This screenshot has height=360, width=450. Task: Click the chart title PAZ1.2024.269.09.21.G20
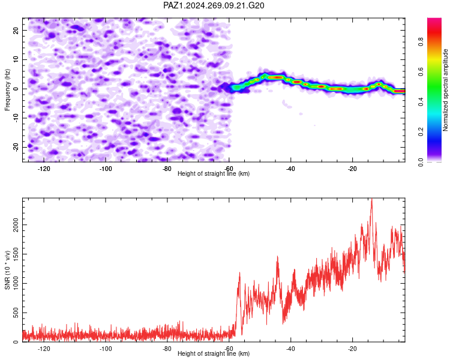(x=214, y=5)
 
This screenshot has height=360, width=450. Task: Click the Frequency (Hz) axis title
(x=7, y=90)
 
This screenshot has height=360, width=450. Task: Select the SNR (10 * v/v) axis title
(x=7, y=270)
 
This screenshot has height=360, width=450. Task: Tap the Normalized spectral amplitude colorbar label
(x=445, y=90)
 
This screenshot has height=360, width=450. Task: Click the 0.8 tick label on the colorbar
(x=421, y=41)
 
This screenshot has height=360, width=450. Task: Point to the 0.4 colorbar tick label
(x=421, y=101)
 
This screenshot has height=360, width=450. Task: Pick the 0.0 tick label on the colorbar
(x=421, y=162)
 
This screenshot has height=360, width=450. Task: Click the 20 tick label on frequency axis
(x=16, y=30)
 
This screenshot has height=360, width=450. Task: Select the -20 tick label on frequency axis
(x=16, y=147)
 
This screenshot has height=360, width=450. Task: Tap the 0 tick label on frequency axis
(x=16, y=89)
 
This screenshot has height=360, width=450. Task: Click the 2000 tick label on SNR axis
(x=16, y=225)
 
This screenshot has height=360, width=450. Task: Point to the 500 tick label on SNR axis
(x=16, y=313)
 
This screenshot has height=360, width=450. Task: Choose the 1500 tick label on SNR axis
(x=16, y=254)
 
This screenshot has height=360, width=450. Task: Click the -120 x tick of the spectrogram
(x=44, y=169)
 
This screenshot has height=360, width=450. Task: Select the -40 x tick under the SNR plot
(x=291, y=349)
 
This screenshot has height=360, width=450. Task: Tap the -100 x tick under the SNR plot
(x=106, y=349)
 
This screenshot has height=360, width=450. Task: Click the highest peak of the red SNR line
(x=372, y=199)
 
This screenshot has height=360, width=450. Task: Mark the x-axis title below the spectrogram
(x=214, y=173)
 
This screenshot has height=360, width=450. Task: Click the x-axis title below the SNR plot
(x=214, y=353)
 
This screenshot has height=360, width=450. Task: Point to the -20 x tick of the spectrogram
(x=352, y=169)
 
